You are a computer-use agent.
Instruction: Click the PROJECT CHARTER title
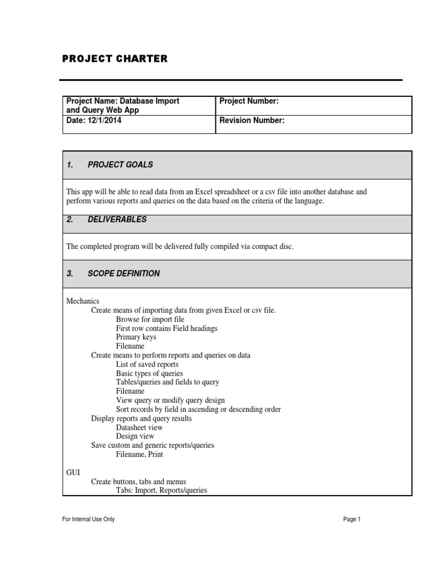click(x=115, y=59)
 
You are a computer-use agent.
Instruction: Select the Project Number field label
click(x=249, y=101)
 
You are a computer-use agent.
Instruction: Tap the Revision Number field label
click(x=252, y=121)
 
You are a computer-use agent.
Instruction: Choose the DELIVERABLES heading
click(x=117, y=219)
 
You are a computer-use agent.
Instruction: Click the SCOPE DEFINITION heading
click(x=123, y=273)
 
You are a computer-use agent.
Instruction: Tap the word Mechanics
click(x=83, y=301)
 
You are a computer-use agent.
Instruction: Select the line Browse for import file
click(x=150, y=319)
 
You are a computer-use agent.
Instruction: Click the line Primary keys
click(x=136, y=337)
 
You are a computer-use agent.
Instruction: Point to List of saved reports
click(x=147, y=364)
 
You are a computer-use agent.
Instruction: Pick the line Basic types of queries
click(x=149, y=373)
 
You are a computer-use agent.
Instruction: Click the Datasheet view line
click(x=139, y=427)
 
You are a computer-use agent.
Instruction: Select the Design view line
click(x=135, y=436)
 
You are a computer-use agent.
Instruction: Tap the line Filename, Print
click(x=139, y=454)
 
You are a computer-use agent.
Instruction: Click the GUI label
click(x=73, y=472)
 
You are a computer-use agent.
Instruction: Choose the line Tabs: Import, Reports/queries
click(x=161, y=490)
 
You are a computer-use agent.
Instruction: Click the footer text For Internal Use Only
click(x=89, y=519)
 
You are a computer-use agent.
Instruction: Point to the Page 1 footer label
click(x=351, y=519)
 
